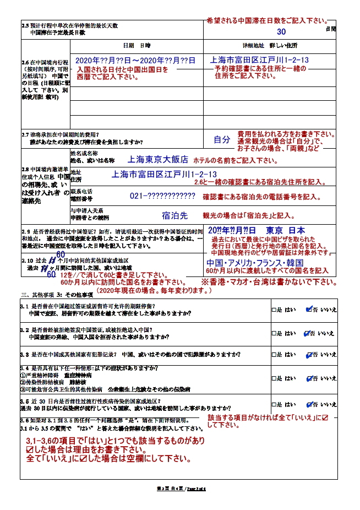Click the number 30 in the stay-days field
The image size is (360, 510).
pyautogui.click(x=281, y=32)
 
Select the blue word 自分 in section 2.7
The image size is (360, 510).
pyautogui.click(x=222, y=140)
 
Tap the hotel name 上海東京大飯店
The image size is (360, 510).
pyautogui.click(x=158, y=159)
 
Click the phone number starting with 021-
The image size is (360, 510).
pyautogui.click(x=162, y=196)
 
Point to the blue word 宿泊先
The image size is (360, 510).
pyautogui.click(x=174, y=215)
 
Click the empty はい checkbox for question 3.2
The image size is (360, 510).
pyautogui.click(x=274, y=334)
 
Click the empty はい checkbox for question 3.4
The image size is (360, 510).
pyautogui.click(x=274, y=379)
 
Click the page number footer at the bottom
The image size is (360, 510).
pyautogui.click(x=181, y=489)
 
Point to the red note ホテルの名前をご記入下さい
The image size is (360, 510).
pyautogui.click(x=234, y=160)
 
